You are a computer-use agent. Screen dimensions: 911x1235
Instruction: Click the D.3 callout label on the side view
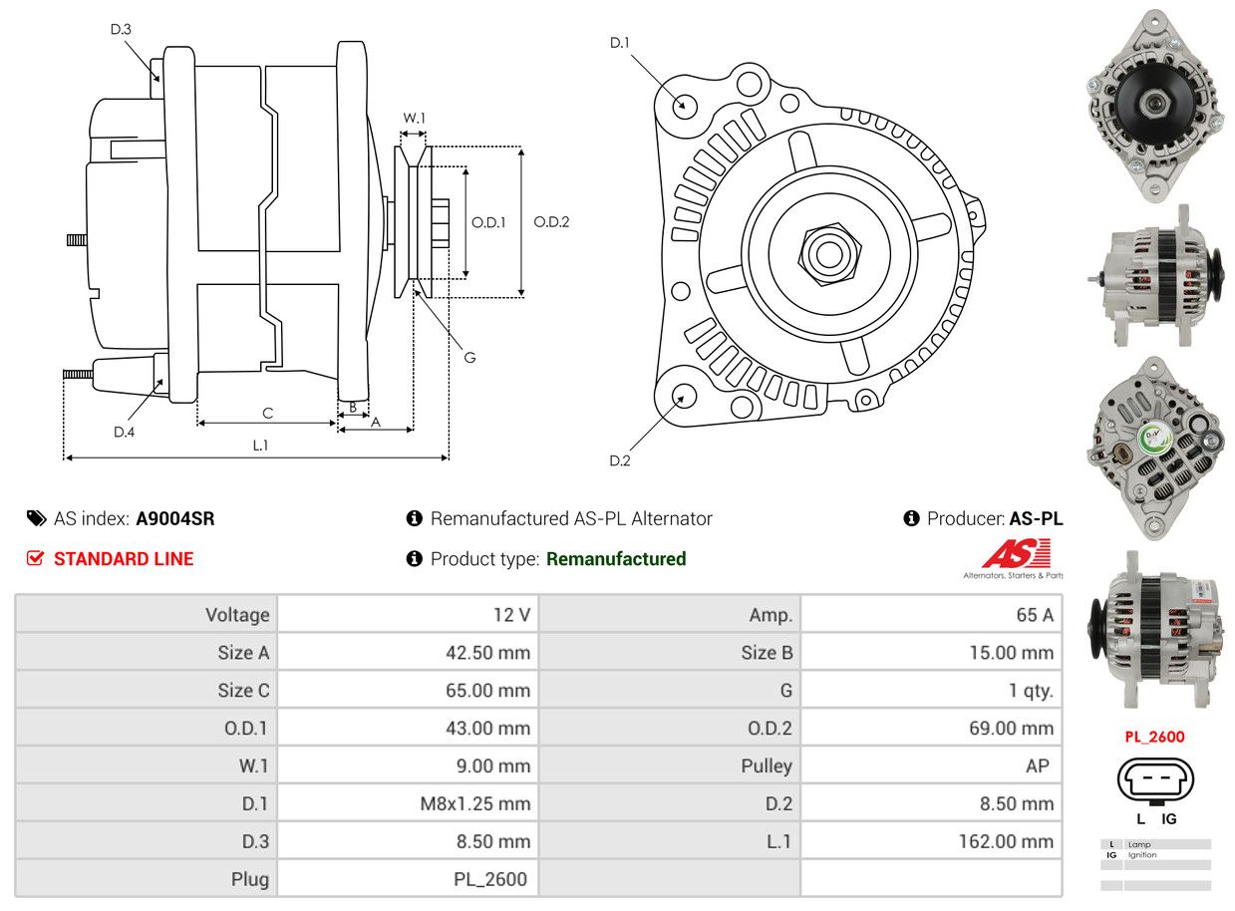click(x=121, y=29)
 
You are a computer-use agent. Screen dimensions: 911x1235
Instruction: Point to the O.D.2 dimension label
click(x=551, y=221)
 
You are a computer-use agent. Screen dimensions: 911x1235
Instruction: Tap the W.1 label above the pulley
click(x=414, y=118)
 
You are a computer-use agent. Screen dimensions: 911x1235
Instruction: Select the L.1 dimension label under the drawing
click(x=260, y=446)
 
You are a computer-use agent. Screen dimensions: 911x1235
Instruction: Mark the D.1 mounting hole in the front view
click(x=684, y=105)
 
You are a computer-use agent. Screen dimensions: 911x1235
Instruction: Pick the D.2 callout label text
click(x=620, y=460)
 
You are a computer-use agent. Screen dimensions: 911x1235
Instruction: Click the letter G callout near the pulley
click(x=469, y=357)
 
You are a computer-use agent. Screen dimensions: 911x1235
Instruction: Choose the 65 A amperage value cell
click(x=1034, y=615)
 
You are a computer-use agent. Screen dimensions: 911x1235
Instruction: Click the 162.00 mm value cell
click(x=1005, y=841)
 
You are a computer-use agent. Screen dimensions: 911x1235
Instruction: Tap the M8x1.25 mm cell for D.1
click(x=475, y=803)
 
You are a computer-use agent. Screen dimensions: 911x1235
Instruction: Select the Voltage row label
click(x=237, y=615)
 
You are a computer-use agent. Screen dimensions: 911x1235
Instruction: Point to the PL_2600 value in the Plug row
click(x=489, y=879)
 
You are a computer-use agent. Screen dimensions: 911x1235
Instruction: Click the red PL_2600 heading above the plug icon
click(x=1154, y=738)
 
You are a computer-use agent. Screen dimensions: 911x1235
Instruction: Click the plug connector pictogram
click(x=1155, y=780)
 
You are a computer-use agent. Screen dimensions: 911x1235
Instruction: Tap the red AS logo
click(x=1016, y=553)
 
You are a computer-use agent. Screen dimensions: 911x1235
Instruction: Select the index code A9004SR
click(x=175, y=518)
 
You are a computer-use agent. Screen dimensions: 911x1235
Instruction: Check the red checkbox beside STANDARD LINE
click(x=36, y=559)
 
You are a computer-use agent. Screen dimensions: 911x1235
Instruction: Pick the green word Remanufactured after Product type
click(x=616, y=559)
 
